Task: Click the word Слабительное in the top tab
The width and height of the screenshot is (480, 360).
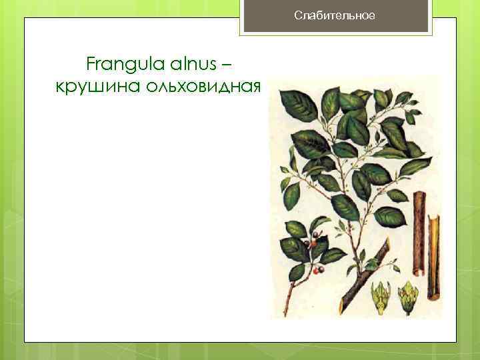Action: (335, 15)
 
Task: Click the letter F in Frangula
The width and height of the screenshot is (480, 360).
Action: (91, 65)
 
